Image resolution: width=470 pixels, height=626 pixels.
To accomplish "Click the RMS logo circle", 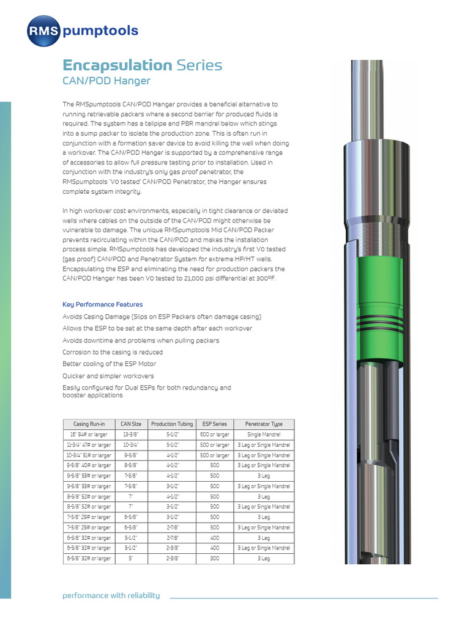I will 43,31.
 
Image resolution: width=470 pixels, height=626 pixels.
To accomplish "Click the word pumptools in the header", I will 100,31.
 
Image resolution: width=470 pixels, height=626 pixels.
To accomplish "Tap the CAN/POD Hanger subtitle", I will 106,81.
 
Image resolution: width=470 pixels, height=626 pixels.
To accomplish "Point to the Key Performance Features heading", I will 103,304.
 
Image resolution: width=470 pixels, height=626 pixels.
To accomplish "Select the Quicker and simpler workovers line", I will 108,376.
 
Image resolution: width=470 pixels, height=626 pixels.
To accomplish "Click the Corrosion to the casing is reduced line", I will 113,352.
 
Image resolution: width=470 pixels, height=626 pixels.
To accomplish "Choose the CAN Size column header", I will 131,424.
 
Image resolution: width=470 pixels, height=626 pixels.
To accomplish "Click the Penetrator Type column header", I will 264,424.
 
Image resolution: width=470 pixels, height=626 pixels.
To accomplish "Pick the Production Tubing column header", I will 172,424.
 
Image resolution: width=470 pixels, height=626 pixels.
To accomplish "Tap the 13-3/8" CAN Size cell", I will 131,435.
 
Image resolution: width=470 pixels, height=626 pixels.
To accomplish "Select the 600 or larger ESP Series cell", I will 215,435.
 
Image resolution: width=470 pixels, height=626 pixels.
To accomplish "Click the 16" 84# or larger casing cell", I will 89,435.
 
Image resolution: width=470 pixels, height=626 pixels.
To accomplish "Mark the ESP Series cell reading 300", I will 215,559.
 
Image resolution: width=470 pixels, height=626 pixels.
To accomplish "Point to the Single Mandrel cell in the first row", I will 264,435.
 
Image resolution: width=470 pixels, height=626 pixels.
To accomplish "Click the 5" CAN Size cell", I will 131,559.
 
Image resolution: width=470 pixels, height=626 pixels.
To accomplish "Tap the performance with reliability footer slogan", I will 111,595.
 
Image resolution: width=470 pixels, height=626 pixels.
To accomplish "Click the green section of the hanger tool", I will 379,287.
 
